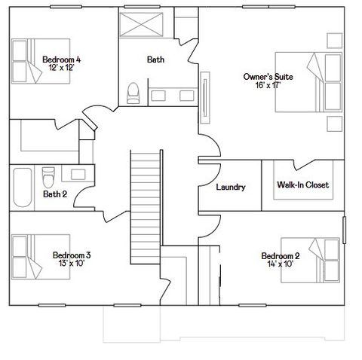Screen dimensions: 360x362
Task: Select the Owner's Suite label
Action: click(x=268, y=77)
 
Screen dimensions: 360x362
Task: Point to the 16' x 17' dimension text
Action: click(x=268, y=85)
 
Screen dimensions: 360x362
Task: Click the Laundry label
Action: click(x=230, y=187)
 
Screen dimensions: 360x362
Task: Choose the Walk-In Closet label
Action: click(x=302, y=185)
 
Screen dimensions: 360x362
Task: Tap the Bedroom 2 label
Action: click(x=281, y=255)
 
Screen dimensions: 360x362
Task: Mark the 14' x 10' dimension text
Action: click(x=281, y=264)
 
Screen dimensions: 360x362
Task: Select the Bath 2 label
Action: click(x=54, y=194)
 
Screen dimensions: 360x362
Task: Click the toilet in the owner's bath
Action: click(x=133, y=93)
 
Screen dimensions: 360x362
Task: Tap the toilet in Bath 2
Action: click(x=48, y=177)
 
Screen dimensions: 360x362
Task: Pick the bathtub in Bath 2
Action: click(x=22, y=188)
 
